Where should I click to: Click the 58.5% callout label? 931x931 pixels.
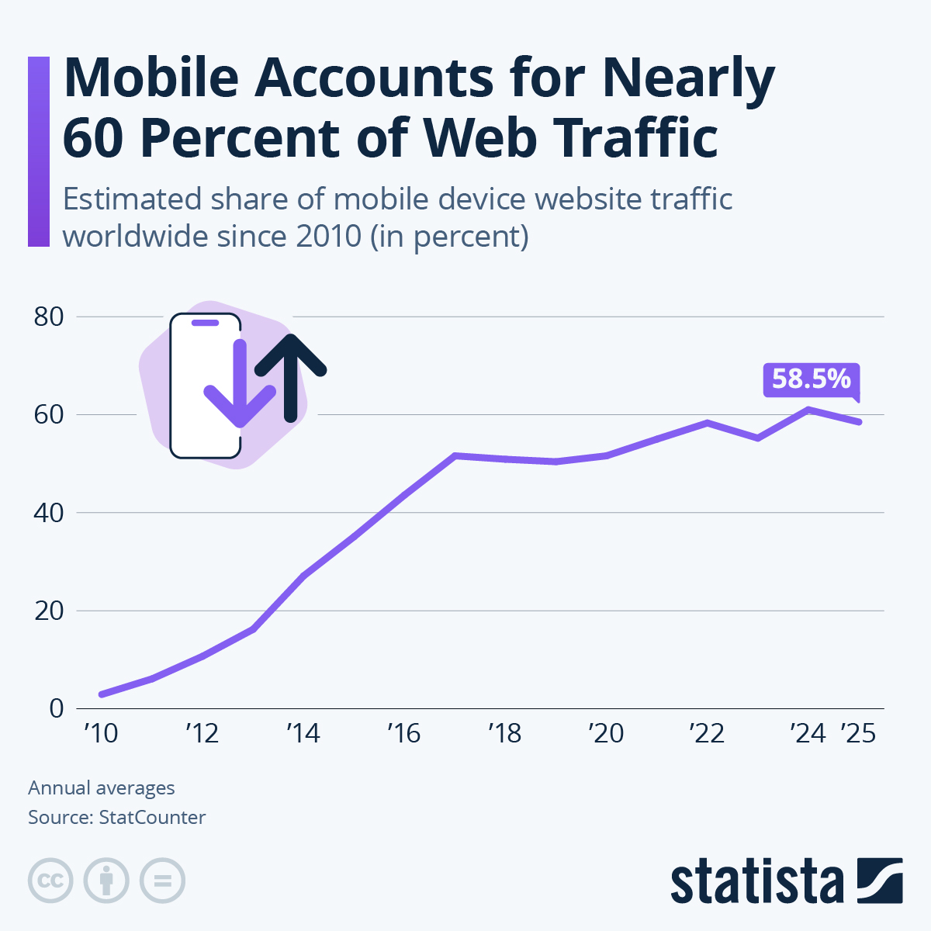(812, 379)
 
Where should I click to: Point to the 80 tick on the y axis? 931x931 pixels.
(48, 317)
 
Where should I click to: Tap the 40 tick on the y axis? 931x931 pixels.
(48, 513)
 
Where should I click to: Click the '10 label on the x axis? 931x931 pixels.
(101, 733)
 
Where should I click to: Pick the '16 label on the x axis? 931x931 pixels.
(403, 733)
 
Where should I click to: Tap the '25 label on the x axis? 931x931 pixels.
(858, 733)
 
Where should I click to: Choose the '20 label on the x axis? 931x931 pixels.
(606, 733)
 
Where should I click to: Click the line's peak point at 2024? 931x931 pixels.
(808, 409)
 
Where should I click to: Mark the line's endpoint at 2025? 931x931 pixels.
(859, 422)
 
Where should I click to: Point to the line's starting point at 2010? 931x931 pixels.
(102, 694)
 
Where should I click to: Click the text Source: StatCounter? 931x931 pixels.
(117, 818)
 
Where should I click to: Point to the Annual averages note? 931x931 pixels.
(102, 788)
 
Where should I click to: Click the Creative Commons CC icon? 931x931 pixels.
(50, 881)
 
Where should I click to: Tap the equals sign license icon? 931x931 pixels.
(162, 881)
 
